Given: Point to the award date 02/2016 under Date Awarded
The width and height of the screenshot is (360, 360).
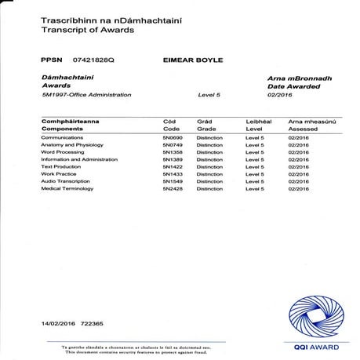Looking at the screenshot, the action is [279, 95].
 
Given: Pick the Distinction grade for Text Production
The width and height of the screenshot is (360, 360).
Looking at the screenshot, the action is [209, 167].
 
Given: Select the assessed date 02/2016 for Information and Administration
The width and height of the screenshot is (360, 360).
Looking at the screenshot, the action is [299, 159].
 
